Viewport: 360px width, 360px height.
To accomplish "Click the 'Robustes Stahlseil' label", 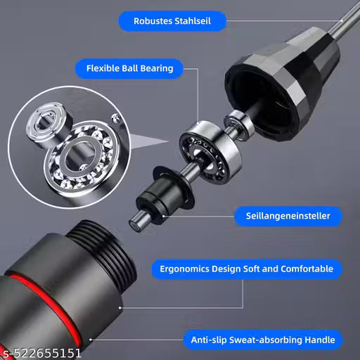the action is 172,21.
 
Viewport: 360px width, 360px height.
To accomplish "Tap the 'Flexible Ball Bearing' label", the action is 129,68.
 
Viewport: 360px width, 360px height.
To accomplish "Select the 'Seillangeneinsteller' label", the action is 288,216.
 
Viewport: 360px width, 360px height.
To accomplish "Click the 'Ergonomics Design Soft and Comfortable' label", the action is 246,269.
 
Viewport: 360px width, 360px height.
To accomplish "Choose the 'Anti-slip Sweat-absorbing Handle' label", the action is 263,340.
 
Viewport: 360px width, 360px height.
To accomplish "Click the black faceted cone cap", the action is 283,84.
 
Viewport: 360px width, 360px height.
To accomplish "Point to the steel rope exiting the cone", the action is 344,20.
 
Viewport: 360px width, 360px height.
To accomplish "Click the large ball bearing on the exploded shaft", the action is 210,152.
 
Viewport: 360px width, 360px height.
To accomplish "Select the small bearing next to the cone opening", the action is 238,125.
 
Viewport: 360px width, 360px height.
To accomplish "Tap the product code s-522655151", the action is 41,353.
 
